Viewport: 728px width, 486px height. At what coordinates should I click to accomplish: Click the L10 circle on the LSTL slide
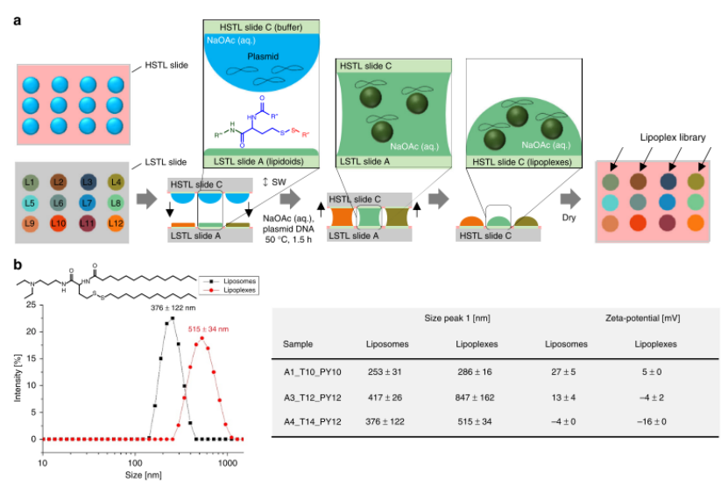pos(60,225)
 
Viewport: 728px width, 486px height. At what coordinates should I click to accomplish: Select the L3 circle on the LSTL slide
pos(88,183)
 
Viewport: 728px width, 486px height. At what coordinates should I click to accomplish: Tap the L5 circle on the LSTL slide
pos(31,204)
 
